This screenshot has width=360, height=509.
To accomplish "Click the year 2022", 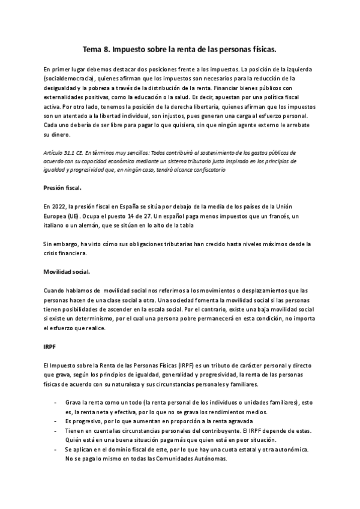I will tap(58, 205).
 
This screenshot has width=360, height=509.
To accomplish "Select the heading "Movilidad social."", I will tap(67, 272).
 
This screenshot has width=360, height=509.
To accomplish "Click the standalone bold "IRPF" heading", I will tap(50, 347).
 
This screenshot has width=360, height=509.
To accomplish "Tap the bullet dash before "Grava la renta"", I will tap(56, 402).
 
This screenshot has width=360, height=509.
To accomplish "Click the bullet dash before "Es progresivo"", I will tap(56, 420).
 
